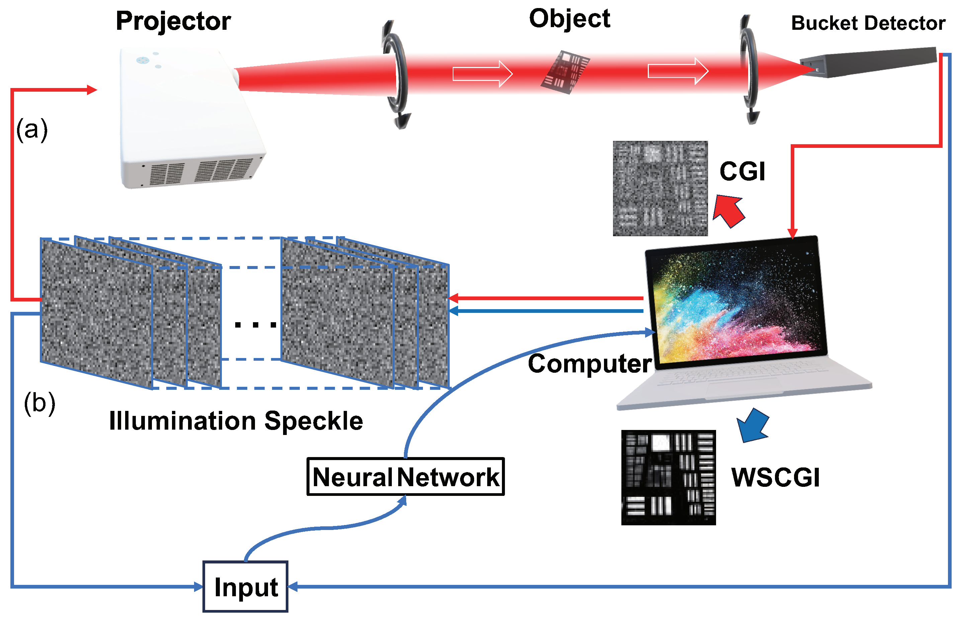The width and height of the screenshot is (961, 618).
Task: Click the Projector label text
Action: pos(173,21)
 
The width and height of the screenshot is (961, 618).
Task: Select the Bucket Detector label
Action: pos(868,23)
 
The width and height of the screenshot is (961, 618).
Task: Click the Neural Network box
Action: pos(405,477)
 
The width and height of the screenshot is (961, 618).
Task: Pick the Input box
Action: pos(245,587)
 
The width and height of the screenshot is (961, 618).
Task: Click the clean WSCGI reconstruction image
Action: pos(668,477)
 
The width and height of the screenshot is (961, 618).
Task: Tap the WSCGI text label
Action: pos(775,477)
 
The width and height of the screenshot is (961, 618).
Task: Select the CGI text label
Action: pos(742,171)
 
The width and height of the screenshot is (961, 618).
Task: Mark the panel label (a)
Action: pos(32,129)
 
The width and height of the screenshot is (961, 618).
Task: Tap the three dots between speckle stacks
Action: pos(255,325)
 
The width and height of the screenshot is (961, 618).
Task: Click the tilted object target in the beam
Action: pos(565,72)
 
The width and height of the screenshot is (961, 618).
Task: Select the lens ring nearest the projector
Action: pos(395,74)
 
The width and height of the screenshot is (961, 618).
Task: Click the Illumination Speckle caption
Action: pos(236,421)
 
